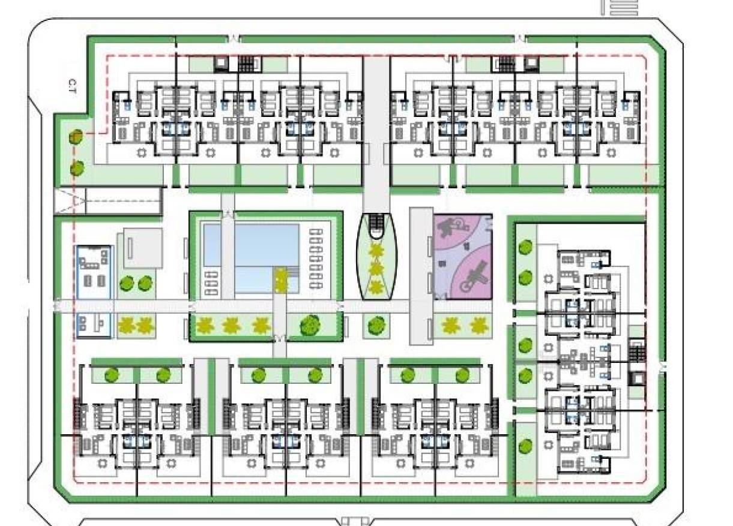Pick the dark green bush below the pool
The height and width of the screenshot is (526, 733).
coord(310,324)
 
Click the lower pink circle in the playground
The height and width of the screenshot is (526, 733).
coord(471,276)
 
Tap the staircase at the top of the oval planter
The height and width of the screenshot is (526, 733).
coord(377,224)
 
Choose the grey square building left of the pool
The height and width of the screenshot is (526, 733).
coord(142,247)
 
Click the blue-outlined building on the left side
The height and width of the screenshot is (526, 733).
coord(94,291)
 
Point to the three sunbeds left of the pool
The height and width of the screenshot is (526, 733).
coord(211,283)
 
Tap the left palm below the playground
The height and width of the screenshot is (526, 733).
coord(450,326)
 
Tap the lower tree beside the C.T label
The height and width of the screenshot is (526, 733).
coord(76,169)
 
